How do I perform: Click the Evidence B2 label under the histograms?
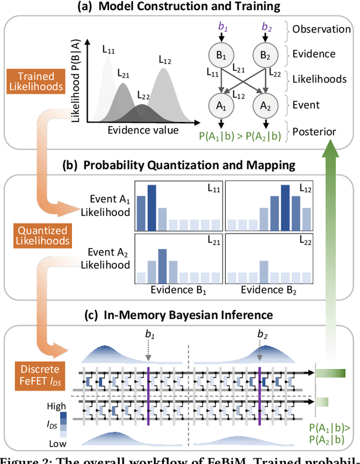pos(269,292)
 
